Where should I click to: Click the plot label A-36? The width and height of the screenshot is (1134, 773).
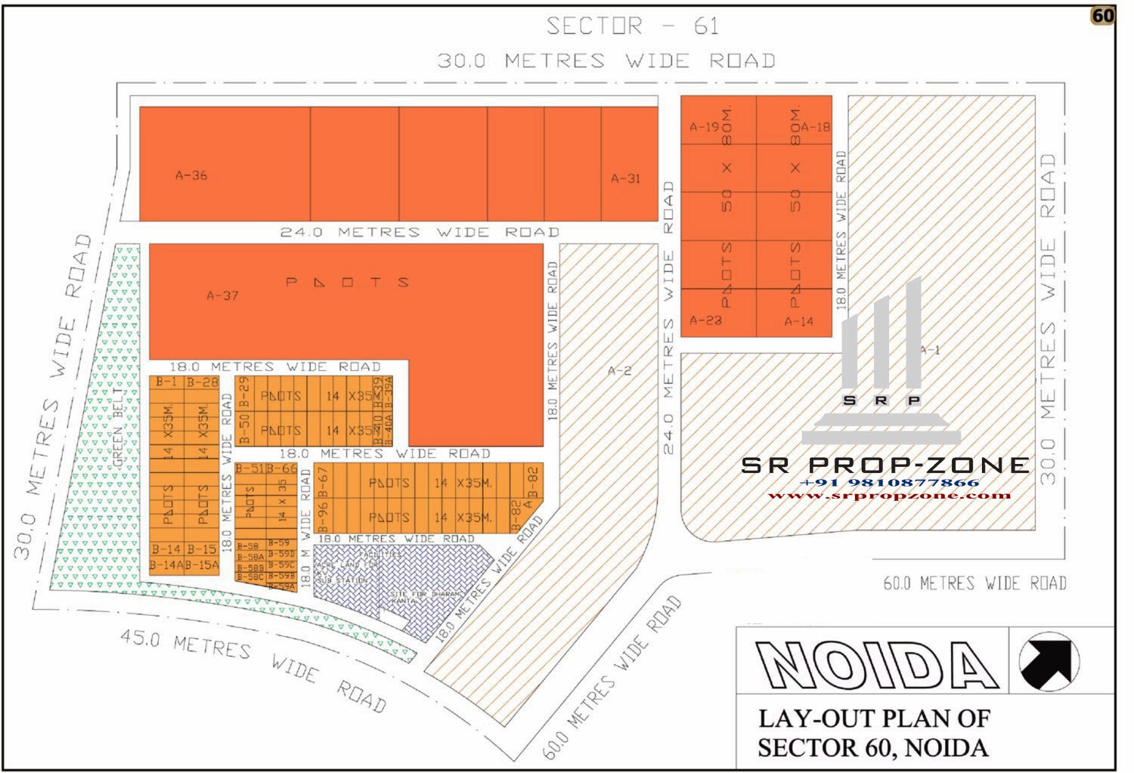tap(191, 175)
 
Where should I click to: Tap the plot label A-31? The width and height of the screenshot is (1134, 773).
tap(625, 179)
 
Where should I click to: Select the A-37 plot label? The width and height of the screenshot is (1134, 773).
tap(222, 295)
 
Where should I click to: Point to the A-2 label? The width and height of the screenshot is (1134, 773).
tap(619, 370)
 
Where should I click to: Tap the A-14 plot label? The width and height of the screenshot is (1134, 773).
tap(798, 321)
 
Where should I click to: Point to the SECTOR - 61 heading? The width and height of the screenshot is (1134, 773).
tap(632, 26)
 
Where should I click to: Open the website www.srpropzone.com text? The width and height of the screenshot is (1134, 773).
tap(889, 496)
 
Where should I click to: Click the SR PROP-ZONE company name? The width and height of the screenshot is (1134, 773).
tap(885, 465)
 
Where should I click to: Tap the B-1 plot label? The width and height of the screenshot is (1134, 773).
tap(166, 382)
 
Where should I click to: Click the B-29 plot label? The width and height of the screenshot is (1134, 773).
tap(244, 391)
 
